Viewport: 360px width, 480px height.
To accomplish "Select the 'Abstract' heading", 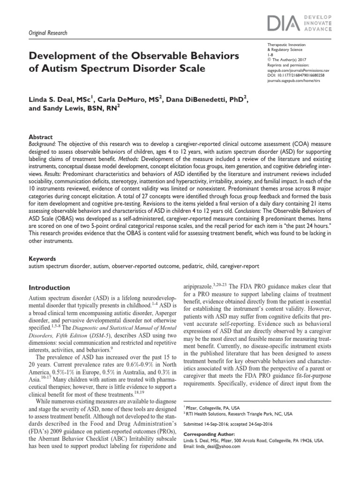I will [40, 137].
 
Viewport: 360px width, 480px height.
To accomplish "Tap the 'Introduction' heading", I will [50, 287].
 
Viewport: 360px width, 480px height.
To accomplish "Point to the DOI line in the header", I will [295, 75].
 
